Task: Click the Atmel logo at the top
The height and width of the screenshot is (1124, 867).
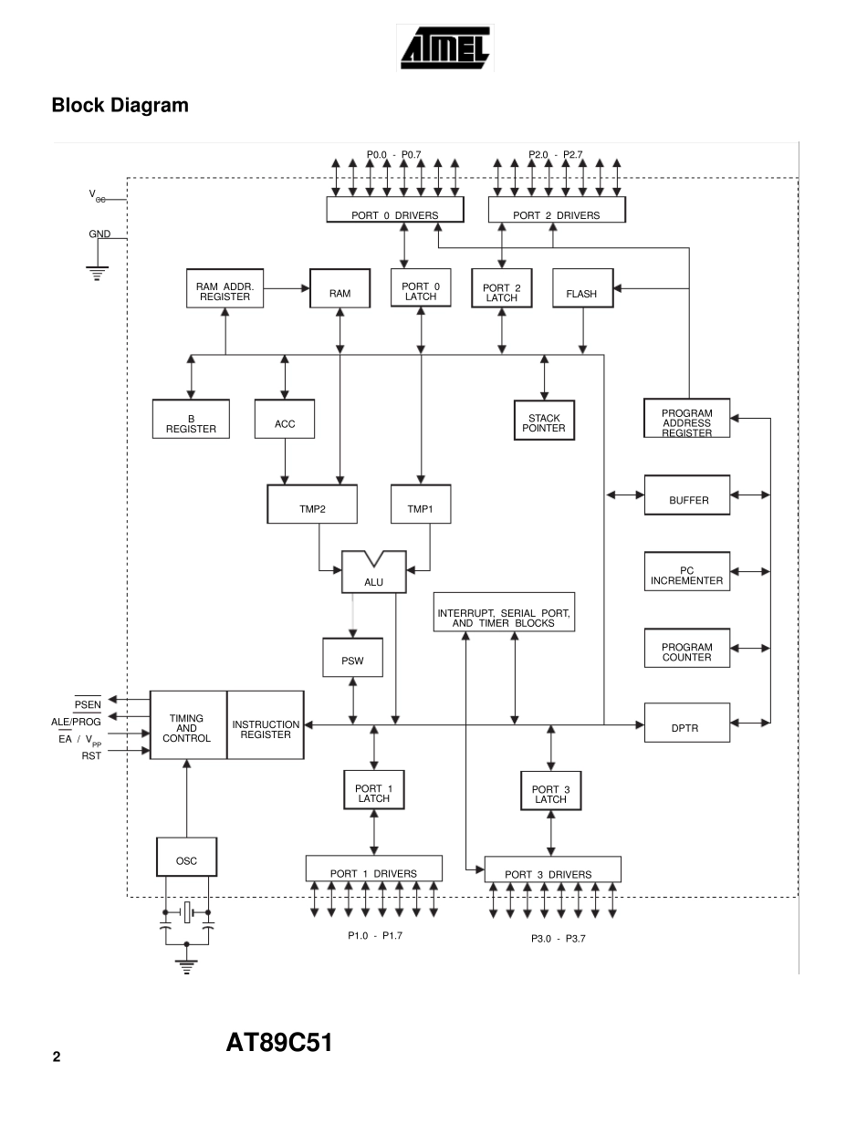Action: pyautogui.click(x=444, y=47)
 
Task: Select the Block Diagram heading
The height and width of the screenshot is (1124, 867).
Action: pyautogui.click(x=120, y=106)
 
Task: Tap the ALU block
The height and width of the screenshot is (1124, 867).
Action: pyautogui.click(x=373, y=575)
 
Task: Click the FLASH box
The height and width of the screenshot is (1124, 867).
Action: pyautogui.click(x=581, y=294)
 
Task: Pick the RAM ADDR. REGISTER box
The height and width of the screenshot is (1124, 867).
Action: pyautogui.click(x=225, y=291)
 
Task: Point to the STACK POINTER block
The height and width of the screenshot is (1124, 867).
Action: pyautogui.click(x=544, y=422)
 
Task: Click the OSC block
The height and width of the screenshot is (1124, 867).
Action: pyautogui.click(x=186, y=860)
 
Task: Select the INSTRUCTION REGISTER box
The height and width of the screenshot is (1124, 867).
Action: pyautogui.click(x=266, y=730)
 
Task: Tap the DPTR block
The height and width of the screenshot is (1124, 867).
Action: pyautogui.click(x=686, y=727)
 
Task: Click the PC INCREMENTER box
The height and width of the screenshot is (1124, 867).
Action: pyautogui.click(x=686, y=575)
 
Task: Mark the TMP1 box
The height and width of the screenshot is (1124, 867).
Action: pyautogui.click(x=420, y=507)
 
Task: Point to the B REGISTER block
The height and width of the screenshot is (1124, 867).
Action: pyautogui.click(x=191, y=423)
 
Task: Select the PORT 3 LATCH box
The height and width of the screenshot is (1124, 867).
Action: pyautogui.click(x=550, y=794)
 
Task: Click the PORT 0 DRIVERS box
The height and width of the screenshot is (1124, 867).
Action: pyautogui.click(x=394, y=214)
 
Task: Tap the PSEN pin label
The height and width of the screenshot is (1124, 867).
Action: pyautogui.click(x=88, y=704)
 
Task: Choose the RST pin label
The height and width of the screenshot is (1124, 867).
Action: pyautogui.click(x=91, y=755)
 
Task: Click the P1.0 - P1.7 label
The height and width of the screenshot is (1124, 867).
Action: pyautogui.click(x=374, y=935)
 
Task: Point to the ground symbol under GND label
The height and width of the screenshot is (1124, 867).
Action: pyautogui.click(x=96, y=272)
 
